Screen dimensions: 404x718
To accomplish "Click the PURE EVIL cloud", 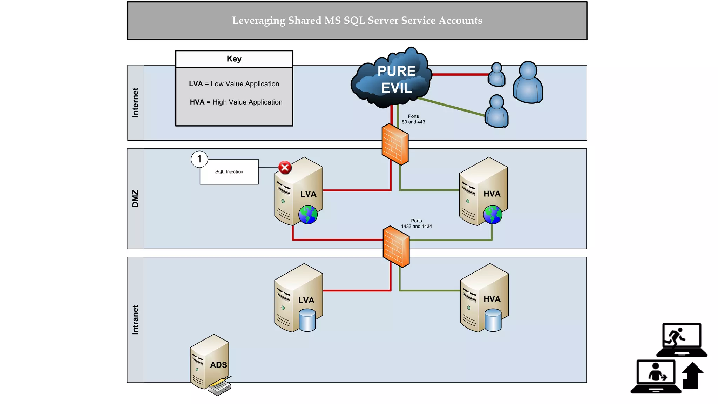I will pyautogui.click(x=393, y=79).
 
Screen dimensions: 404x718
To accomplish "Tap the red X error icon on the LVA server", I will pyautogui.click(x=285, y=167).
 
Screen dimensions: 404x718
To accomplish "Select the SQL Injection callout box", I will pyautogui.click(x=229, y=172).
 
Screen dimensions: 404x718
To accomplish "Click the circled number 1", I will pyautogui.click(x=199, y=159).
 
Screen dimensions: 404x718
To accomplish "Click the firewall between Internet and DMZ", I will pyautogui.click(x=395, y=144).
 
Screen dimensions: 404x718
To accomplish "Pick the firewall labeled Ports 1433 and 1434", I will pyautogui.click(x=396, y=247).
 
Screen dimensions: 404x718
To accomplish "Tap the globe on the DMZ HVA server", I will pyautogui.click(x=493, y=215).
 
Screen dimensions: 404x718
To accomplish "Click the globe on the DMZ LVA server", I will pyautogui.click(x=308, y=215).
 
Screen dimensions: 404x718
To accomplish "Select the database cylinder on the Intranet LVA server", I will pyautogui.click(x=307, y=320).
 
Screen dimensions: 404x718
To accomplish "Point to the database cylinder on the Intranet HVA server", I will pyautogui.click(x=493, y=320).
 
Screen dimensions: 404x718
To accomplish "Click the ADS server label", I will pyautogui.click(x=218, y=365).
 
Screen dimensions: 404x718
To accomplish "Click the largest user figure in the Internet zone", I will pyautogui.click(x=528, y=83).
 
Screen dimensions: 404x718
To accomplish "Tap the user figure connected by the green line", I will pyautogui.click(x=496, y=112).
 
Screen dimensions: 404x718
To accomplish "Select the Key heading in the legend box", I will pyautogui.click(x=234, y=59).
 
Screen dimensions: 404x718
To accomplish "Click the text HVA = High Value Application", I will pyautogui.click(x=236, y=102).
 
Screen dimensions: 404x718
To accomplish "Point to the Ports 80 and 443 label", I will pyautogui.click(x=413, y=119).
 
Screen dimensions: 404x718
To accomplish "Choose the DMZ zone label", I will pyautogui.click(x=135, y=198).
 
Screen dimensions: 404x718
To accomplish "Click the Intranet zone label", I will pyautogui.click(x=135, y=319).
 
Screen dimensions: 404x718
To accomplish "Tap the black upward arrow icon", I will pyautogui.click(x=692, y=376).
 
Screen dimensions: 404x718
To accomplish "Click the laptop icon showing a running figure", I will pyautogui.click(x=682, y=339).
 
